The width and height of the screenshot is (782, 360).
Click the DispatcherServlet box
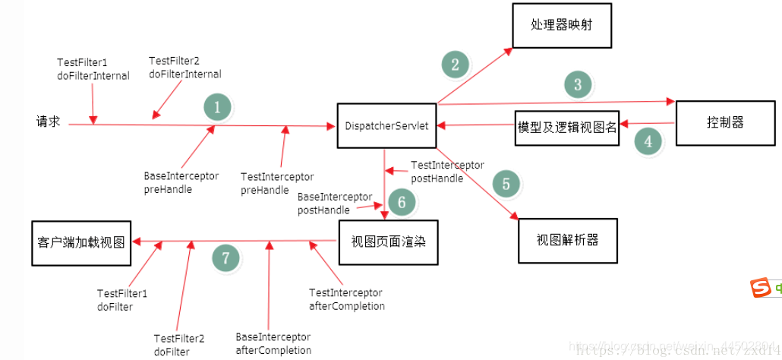click(x=386, y=125)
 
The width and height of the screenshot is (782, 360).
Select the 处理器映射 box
click(x=561, y=25)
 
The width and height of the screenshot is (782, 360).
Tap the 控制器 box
click(x=725, y=122)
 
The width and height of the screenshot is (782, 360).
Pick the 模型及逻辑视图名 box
click(x=567, y=127)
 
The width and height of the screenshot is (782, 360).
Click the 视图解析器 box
click(x=567, y=240)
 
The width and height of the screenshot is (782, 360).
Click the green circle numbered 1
click(x=217, y=108)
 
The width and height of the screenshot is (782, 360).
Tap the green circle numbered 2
click(x=455, y=65)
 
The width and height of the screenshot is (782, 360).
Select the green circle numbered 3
click(x=578, y=84)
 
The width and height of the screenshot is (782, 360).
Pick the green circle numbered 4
click(x=648, y=141)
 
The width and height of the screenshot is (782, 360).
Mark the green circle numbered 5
click(x=506, y=184)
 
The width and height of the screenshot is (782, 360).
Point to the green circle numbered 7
click(x=225, y=258)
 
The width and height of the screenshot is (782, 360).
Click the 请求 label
click(x=49, y=122)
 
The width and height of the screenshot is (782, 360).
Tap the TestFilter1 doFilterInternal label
click(x=93, y=68)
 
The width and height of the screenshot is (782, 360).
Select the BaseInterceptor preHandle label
click(x=181, y=182)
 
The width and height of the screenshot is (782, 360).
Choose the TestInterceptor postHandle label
click(x=446, y=172)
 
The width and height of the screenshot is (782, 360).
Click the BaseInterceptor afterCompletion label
click(x=273, y=343)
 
